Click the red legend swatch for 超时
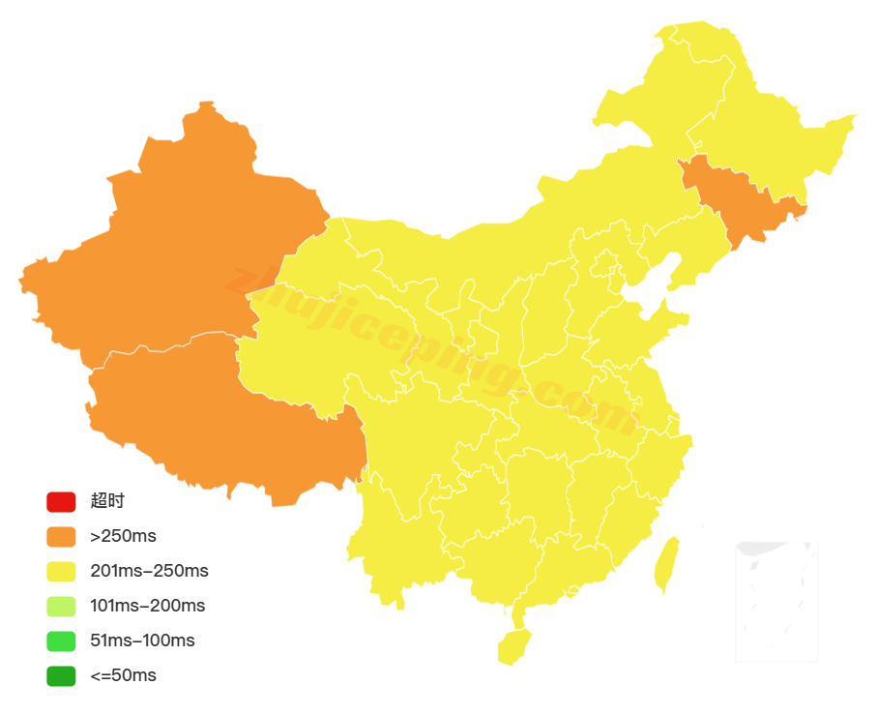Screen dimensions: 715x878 [60, 502]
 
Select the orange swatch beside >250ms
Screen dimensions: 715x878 [60, 537]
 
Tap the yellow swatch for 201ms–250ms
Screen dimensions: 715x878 [60, 572]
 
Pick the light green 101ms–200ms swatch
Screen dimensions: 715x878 [60, 607]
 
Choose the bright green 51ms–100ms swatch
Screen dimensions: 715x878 [60, 641]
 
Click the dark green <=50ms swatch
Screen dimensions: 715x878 [60, 676]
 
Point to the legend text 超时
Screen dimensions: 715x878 [107, 501]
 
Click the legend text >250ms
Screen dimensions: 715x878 [123, 536]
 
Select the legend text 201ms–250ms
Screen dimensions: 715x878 [149, 571]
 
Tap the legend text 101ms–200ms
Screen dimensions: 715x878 [147, 606]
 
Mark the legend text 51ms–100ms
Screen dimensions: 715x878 [142, 641]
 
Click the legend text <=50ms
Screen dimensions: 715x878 [123, 675]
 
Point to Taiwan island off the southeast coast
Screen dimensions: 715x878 [666, 564]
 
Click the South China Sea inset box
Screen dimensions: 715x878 [776, 601]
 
